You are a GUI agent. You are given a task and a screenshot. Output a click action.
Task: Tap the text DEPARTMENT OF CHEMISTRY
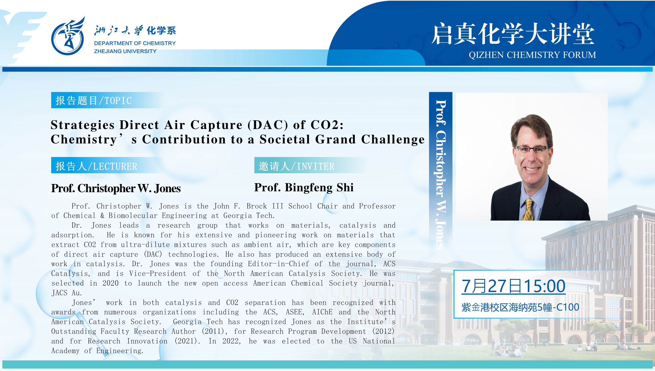click(135, 43)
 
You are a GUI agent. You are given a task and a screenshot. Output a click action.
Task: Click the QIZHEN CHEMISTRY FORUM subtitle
click(532, 55)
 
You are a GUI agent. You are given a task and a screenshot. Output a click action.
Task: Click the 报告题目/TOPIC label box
click(94, 100)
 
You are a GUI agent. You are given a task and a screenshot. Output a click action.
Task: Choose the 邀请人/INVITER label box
click(296, 166)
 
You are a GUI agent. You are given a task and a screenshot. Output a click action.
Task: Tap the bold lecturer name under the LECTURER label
click(116, 189)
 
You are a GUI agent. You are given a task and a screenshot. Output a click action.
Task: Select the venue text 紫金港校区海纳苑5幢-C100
click(520, 307)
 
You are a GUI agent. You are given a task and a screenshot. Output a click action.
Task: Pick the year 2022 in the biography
click(231, 341)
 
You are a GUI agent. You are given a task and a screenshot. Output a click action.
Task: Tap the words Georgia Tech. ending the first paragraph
click(249, 216)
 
